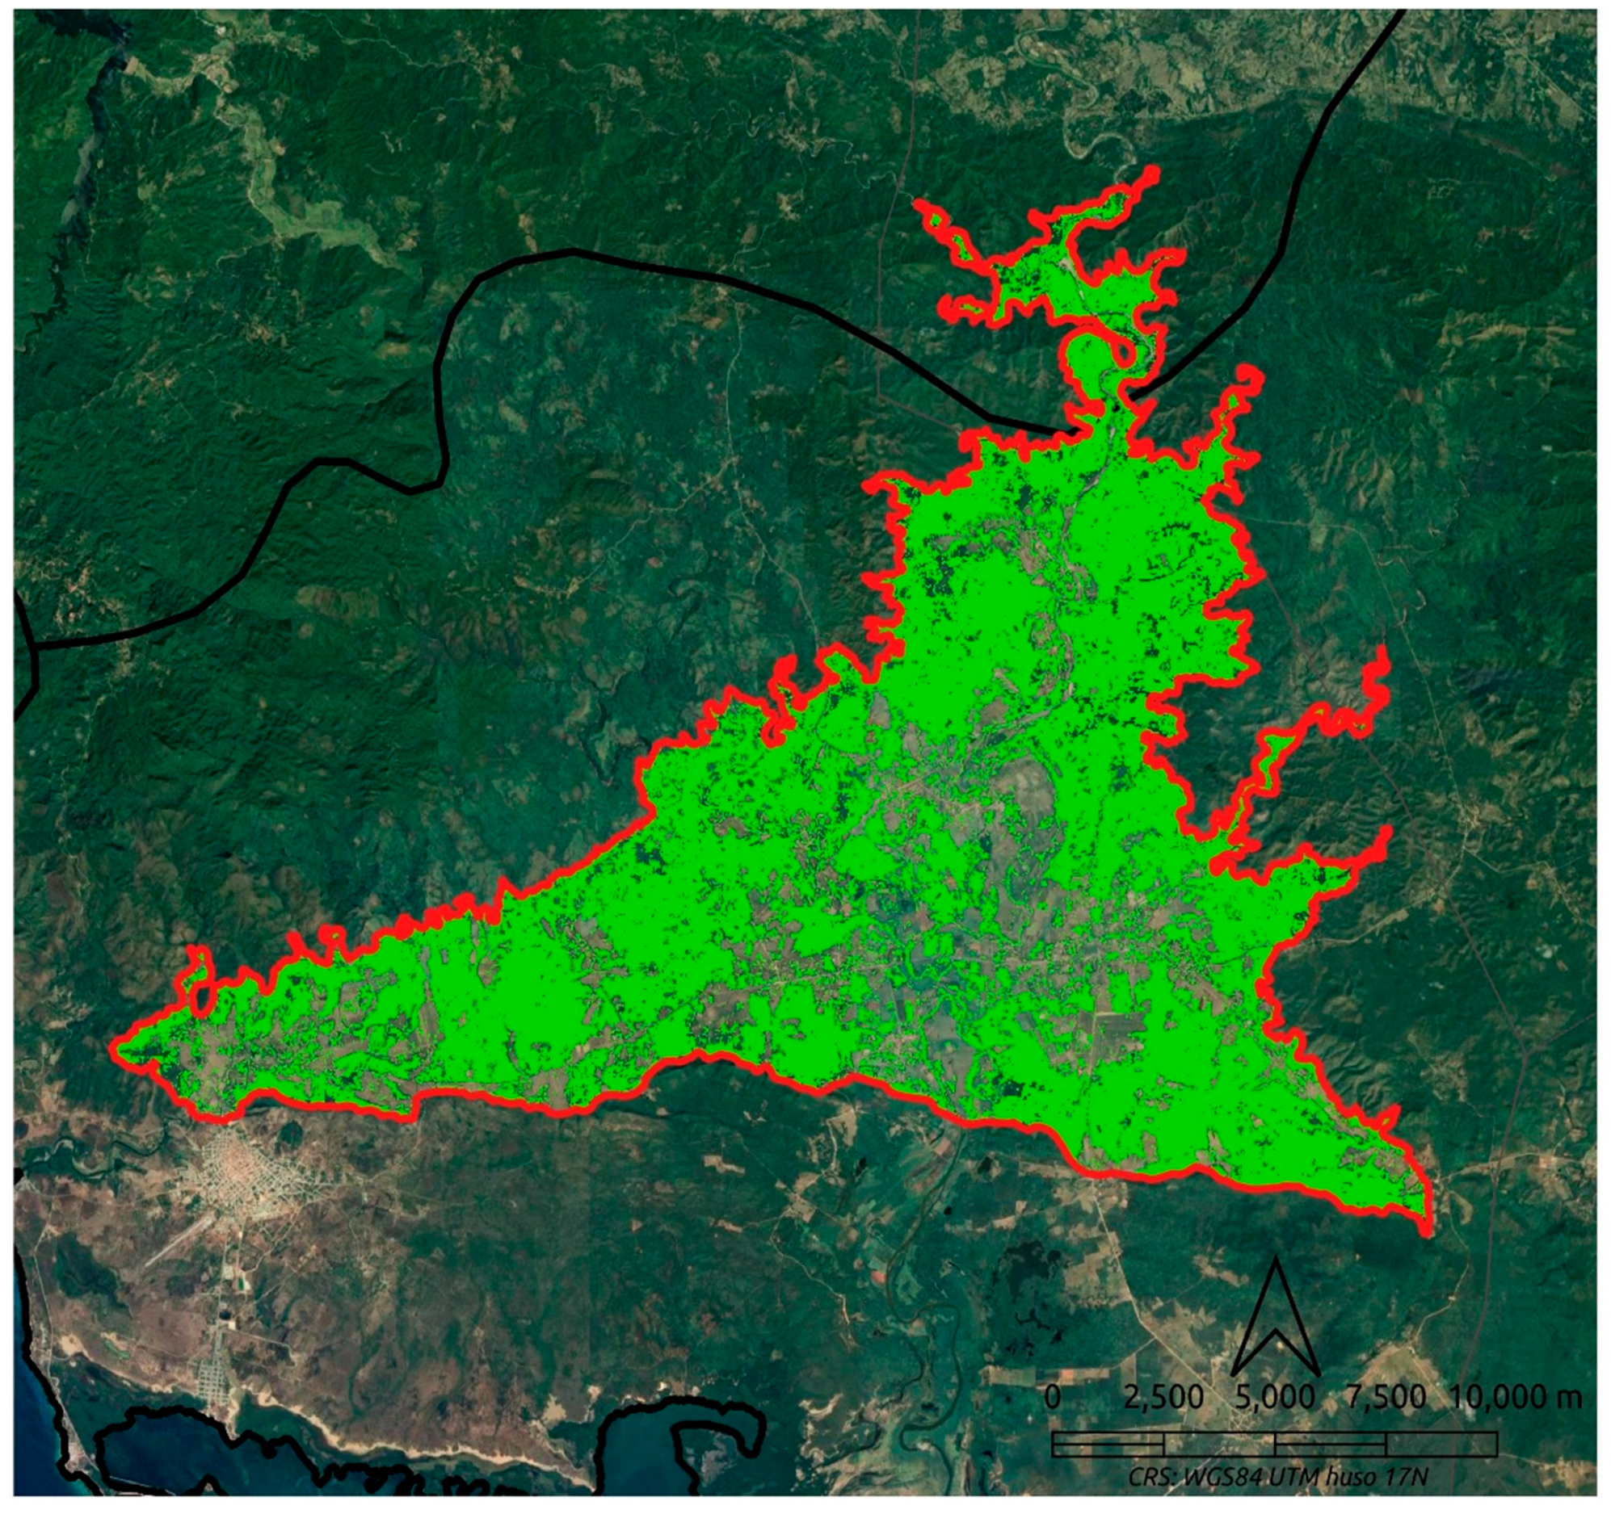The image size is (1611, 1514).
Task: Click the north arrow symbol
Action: [1276, 1324]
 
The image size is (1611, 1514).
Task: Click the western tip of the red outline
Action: [114, 1045]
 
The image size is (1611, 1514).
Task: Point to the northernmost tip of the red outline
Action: [1151, 171]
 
